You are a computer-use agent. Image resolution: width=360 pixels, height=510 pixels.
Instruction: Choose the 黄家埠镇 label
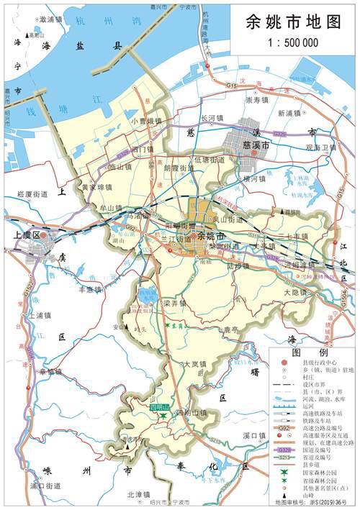coord(96,187)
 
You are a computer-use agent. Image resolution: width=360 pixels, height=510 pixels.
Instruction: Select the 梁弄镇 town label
coord(175,304)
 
